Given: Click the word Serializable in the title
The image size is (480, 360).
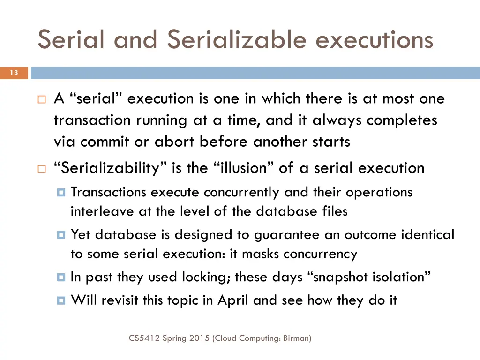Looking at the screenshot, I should (x=237, y=39).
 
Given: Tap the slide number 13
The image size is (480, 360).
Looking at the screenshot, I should (x=14, y=73).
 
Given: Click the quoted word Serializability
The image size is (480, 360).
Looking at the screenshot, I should (x=107, y=168).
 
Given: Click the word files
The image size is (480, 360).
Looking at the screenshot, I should (x=335, y=211).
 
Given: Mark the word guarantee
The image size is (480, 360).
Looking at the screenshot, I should (x=280, y=234).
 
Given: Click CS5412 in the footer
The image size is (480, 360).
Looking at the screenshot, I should (x=144, y=337).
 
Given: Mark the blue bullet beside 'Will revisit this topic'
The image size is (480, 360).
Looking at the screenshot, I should (x=61, y=300).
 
